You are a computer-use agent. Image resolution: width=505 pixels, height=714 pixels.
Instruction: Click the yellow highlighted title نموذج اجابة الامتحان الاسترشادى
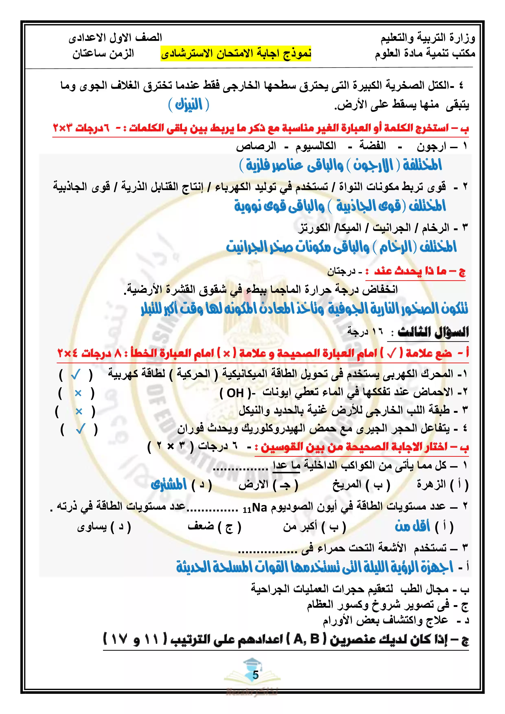(236, 54)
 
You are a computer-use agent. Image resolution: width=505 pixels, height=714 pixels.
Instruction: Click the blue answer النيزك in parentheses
(188, 105)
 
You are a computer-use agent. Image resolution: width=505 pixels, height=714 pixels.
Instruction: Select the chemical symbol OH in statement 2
(235, 393)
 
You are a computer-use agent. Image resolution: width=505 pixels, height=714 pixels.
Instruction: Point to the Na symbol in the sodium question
(259, 507)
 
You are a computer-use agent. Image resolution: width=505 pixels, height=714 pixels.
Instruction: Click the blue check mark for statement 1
(76, 375)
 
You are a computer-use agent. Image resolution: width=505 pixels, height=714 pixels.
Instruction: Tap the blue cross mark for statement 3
(79, 411)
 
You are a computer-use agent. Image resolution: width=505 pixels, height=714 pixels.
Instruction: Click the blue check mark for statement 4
(80, 430)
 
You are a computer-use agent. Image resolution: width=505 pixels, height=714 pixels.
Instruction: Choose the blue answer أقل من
(412, 527)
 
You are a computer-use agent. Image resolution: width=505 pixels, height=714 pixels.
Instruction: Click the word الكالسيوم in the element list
(316, 146)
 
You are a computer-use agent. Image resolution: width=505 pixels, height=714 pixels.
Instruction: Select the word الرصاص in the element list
(256, 146)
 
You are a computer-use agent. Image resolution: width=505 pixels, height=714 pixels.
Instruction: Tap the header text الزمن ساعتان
(103, 54)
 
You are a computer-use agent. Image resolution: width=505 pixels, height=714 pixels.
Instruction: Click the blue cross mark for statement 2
(78, 393)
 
